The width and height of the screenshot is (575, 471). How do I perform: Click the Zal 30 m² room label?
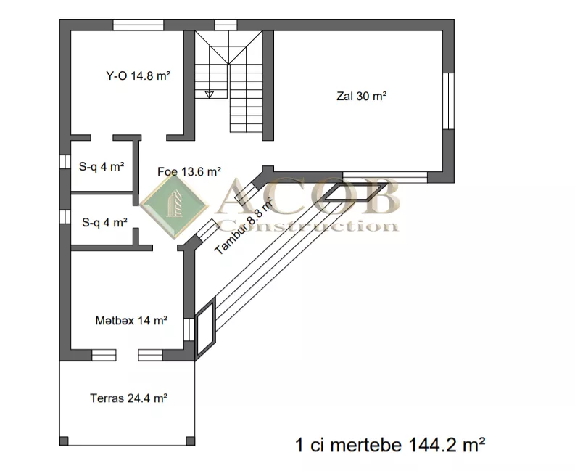tap(361, 97)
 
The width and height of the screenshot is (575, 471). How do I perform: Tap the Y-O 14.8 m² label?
tap(138, 76)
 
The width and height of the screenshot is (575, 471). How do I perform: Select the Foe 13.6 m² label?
tap(189, 171)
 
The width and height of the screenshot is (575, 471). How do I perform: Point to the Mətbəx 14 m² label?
tap(131, 321)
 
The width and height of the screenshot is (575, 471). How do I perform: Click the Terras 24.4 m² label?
tap(129, 398)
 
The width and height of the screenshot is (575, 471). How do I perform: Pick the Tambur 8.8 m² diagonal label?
tap(244, 226)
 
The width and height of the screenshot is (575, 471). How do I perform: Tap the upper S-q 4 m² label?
tap(102, 167)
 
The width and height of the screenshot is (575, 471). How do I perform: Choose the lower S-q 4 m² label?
tap(105, 223)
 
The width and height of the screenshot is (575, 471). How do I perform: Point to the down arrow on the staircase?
tap(210, 94)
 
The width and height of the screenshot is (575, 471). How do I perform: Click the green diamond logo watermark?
tap(175, 207)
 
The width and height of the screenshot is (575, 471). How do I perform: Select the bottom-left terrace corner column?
tap(64, 441)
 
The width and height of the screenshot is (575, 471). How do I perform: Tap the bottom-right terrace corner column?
tap(190, 441)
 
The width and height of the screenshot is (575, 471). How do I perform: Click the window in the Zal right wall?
tap(449, 101)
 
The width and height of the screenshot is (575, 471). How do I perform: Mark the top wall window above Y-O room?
tap(138, 25)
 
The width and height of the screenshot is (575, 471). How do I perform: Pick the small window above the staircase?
tap(226, 25)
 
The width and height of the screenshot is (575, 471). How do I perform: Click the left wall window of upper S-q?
tap(65, 162)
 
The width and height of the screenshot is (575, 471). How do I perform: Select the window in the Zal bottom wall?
tap(385, 177)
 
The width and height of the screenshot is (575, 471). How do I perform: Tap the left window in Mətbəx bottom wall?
tap(104, 355)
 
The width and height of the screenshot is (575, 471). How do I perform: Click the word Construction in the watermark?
tap(309, 226)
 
